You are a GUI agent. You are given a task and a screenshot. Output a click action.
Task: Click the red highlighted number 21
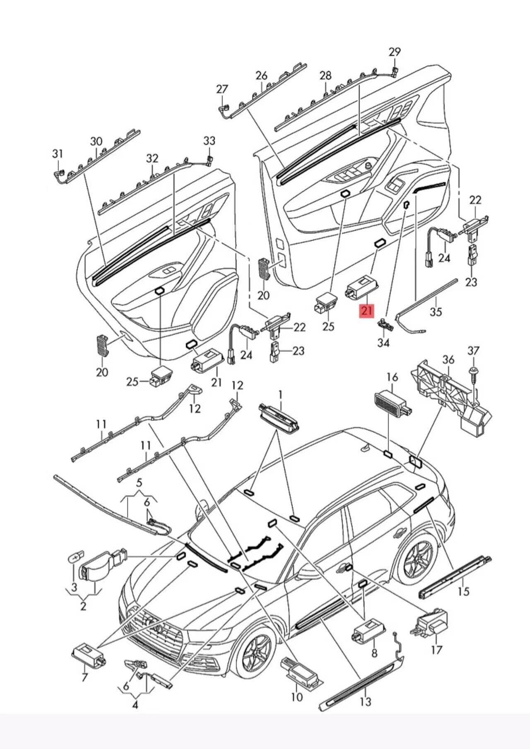click(366, 310)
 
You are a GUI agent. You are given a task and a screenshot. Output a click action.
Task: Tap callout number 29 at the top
click(395, 52)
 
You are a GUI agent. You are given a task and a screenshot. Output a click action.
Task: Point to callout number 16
click(392, 377)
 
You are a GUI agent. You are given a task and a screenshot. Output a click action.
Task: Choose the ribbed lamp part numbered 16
click(392, 401)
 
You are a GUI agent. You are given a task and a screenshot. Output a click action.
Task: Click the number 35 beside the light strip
click(436, 312)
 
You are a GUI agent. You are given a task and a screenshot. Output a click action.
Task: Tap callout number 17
click(436, 650)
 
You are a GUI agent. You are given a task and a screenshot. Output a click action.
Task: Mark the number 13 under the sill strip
click(366, 702)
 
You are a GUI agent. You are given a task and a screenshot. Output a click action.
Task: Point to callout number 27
click(222, 89)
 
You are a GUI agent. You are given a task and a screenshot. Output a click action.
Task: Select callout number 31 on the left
click(58, 154)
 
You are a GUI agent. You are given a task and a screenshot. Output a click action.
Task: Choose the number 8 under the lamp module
click(374, 653)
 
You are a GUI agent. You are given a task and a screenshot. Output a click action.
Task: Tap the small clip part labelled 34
click(385, 324)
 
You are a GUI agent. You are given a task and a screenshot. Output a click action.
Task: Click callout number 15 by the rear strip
click(464, 592)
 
